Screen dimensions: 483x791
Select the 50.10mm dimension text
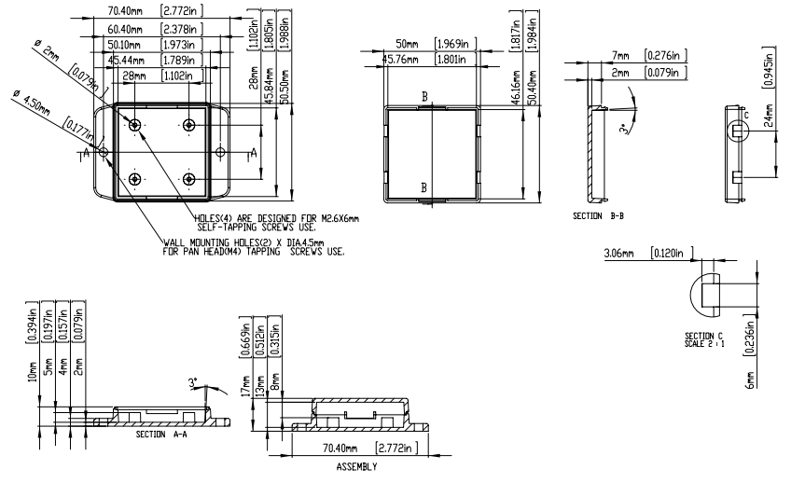124,44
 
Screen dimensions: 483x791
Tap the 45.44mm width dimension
124,60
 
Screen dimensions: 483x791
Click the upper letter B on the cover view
424,97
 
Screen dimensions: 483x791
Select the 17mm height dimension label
246,384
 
